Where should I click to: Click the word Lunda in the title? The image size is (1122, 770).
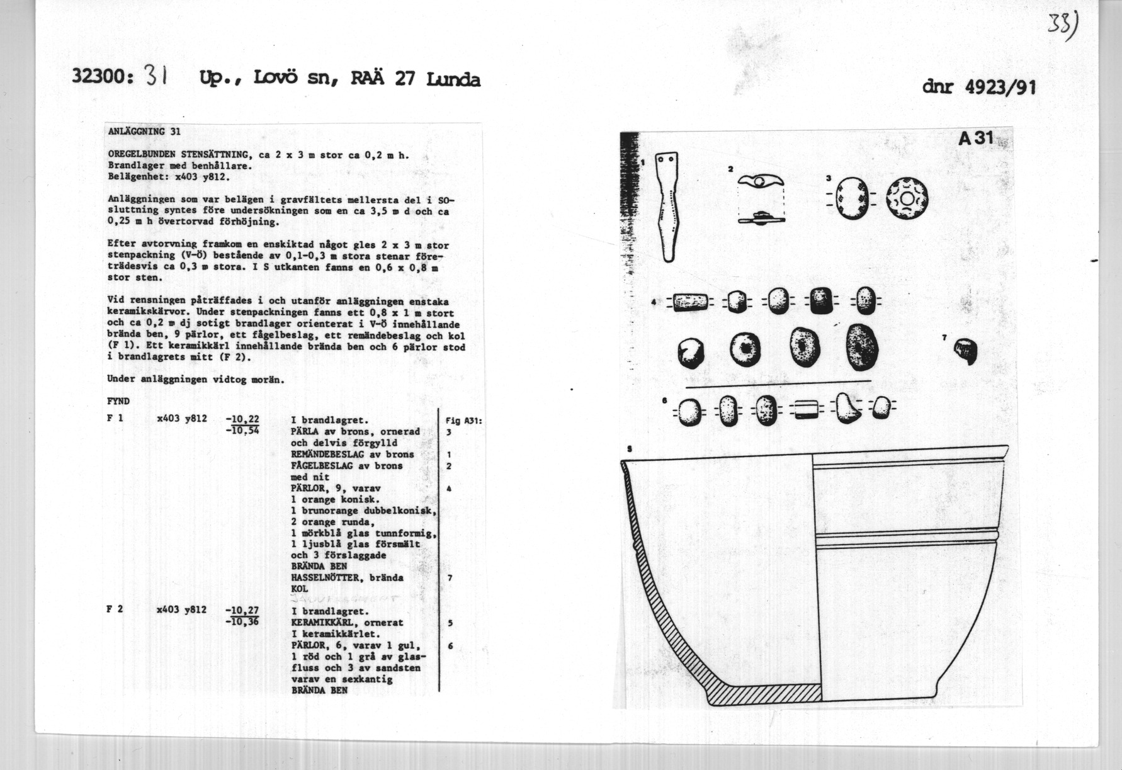coord(453,79)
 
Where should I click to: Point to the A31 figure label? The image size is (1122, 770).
coord(975,138)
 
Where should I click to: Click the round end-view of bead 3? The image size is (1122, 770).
coord(907,200)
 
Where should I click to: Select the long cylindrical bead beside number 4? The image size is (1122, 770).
coord(691,302)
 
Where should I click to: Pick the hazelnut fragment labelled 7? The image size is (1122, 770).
coord(966,351)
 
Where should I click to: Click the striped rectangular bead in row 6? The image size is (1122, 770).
coord(805,410)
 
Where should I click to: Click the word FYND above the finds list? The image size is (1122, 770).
coord(118,401)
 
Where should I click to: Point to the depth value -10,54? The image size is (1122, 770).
coord(242,431)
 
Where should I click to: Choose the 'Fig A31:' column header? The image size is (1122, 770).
coord(464,421)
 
